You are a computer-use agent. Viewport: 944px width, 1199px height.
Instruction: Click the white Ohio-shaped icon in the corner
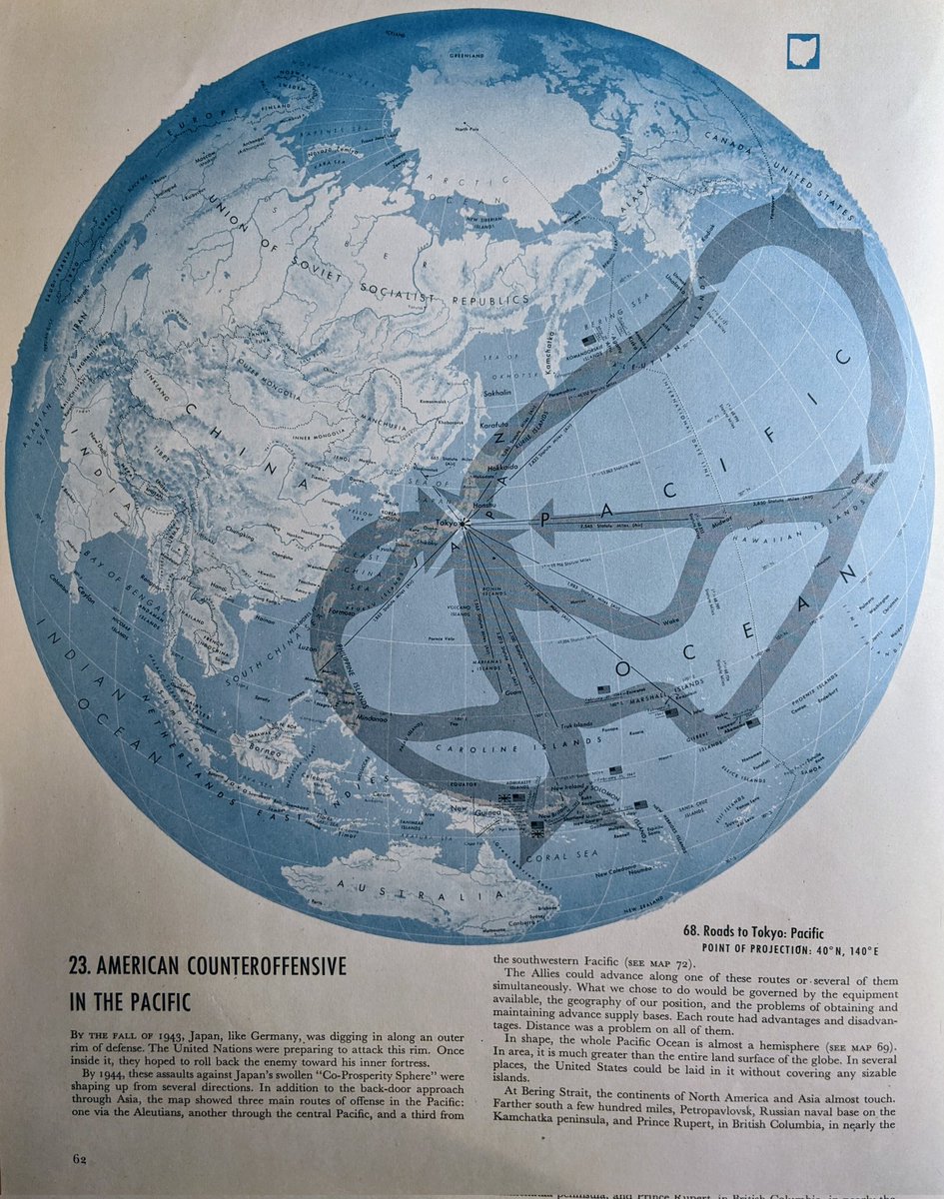pyautogui.click(x=802, y=51)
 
